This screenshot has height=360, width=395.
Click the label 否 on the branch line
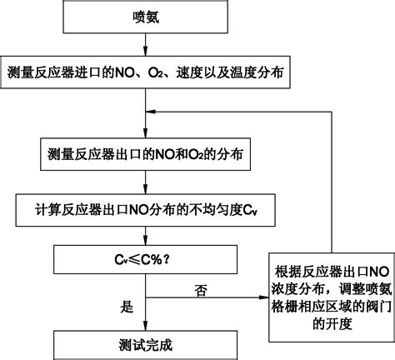point(201,290)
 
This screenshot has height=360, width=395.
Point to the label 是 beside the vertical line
point(127,307)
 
